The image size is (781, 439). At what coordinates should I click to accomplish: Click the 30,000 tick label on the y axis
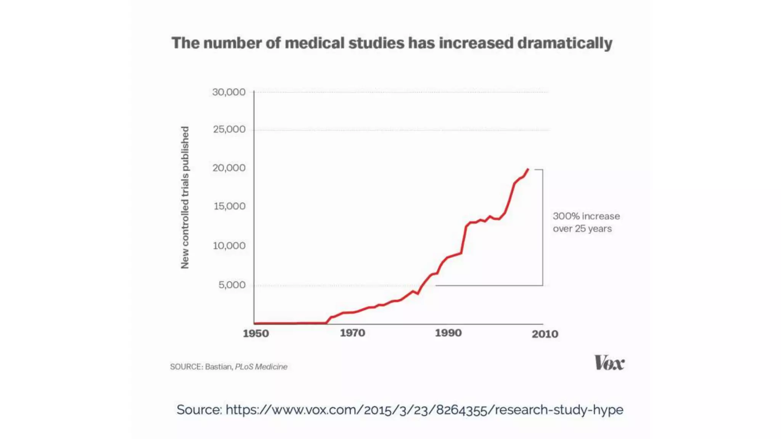229,92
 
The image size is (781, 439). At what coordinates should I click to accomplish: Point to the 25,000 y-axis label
229,130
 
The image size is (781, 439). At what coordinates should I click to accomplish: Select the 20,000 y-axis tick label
229,168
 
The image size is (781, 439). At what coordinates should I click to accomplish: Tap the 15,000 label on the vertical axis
230,207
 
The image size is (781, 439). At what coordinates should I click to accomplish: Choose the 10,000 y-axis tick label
229,246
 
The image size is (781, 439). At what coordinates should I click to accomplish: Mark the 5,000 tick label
232,285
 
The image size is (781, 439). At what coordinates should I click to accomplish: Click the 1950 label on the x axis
256,334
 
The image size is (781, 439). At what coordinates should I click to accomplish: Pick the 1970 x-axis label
352,333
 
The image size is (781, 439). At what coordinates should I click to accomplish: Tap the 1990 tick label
448,333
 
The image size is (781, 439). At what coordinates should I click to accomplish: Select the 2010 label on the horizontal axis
545,334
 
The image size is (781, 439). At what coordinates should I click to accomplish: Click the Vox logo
609,363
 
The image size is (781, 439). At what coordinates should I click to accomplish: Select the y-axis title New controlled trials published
185,197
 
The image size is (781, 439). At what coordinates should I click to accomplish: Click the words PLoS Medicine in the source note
261,367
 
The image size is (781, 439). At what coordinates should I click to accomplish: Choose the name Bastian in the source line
219,367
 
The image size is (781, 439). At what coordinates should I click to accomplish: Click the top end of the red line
528,169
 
